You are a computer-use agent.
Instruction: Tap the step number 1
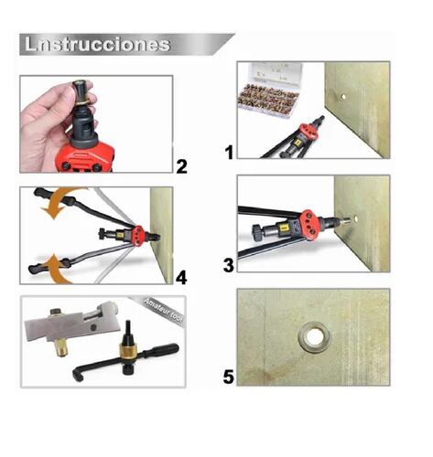[x=228, y=152]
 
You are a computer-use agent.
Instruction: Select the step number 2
[x=181, y=165]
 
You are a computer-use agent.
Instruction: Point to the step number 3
[x=229, y=266]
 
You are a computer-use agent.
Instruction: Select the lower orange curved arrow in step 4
[x=57, y=266]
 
